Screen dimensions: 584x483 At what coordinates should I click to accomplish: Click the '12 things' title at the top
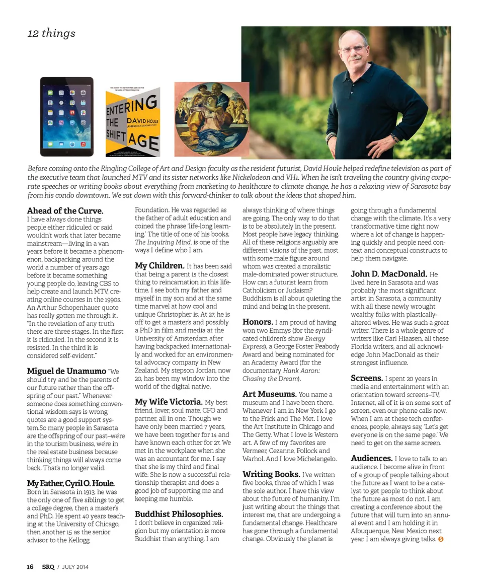pyautogui.click(x=51, y=33)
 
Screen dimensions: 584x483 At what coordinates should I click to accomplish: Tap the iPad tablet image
pyautogui.click(x=67, y=116)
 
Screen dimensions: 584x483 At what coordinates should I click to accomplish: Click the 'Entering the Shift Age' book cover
pyautogui.click(x=132, y=121)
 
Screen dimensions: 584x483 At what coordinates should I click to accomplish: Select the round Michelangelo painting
pyautogui.click(x=212, y=119)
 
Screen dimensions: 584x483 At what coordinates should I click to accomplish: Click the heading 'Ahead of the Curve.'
pyautogui.click(x=65, y=210)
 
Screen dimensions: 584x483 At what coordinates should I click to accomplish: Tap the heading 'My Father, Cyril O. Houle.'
pyautogui.click(x=70, y=483)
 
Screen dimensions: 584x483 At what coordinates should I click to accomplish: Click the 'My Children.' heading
pyautogui.click(x=159, y=265)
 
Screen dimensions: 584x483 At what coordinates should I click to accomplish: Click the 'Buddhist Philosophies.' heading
pyautogui.click(x=179, y=514)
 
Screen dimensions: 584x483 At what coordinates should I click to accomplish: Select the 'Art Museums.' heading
pyautogui.click(x=269, y=394)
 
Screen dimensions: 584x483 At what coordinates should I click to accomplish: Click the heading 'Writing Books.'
pyautogui.click(x=271, y=474)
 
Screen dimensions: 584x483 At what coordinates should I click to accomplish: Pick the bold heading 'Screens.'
pyautogui.click(x=366, y=378)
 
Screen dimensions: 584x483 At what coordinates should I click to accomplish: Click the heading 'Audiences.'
pyautogui.click(x=371, y=458)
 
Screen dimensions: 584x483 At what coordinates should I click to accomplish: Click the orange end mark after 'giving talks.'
pyautogui.click(x=441, y=539)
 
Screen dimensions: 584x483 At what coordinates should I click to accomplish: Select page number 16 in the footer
pyautogui.click(x=30, y=567)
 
